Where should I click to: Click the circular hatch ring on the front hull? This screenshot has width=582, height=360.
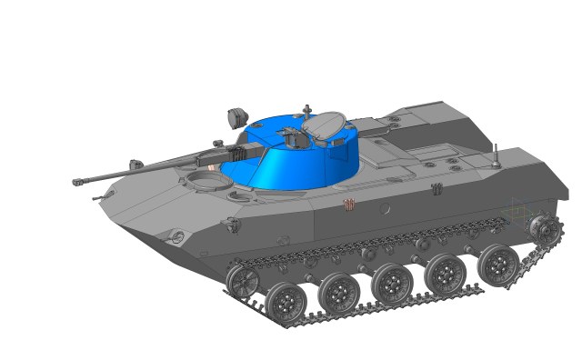(208, 184)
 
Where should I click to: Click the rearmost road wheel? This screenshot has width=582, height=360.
(499, 262)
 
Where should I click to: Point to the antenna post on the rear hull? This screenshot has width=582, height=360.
(495, 155)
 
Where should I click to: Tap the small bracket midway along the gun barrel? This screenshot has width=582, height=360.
(135, 165)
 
